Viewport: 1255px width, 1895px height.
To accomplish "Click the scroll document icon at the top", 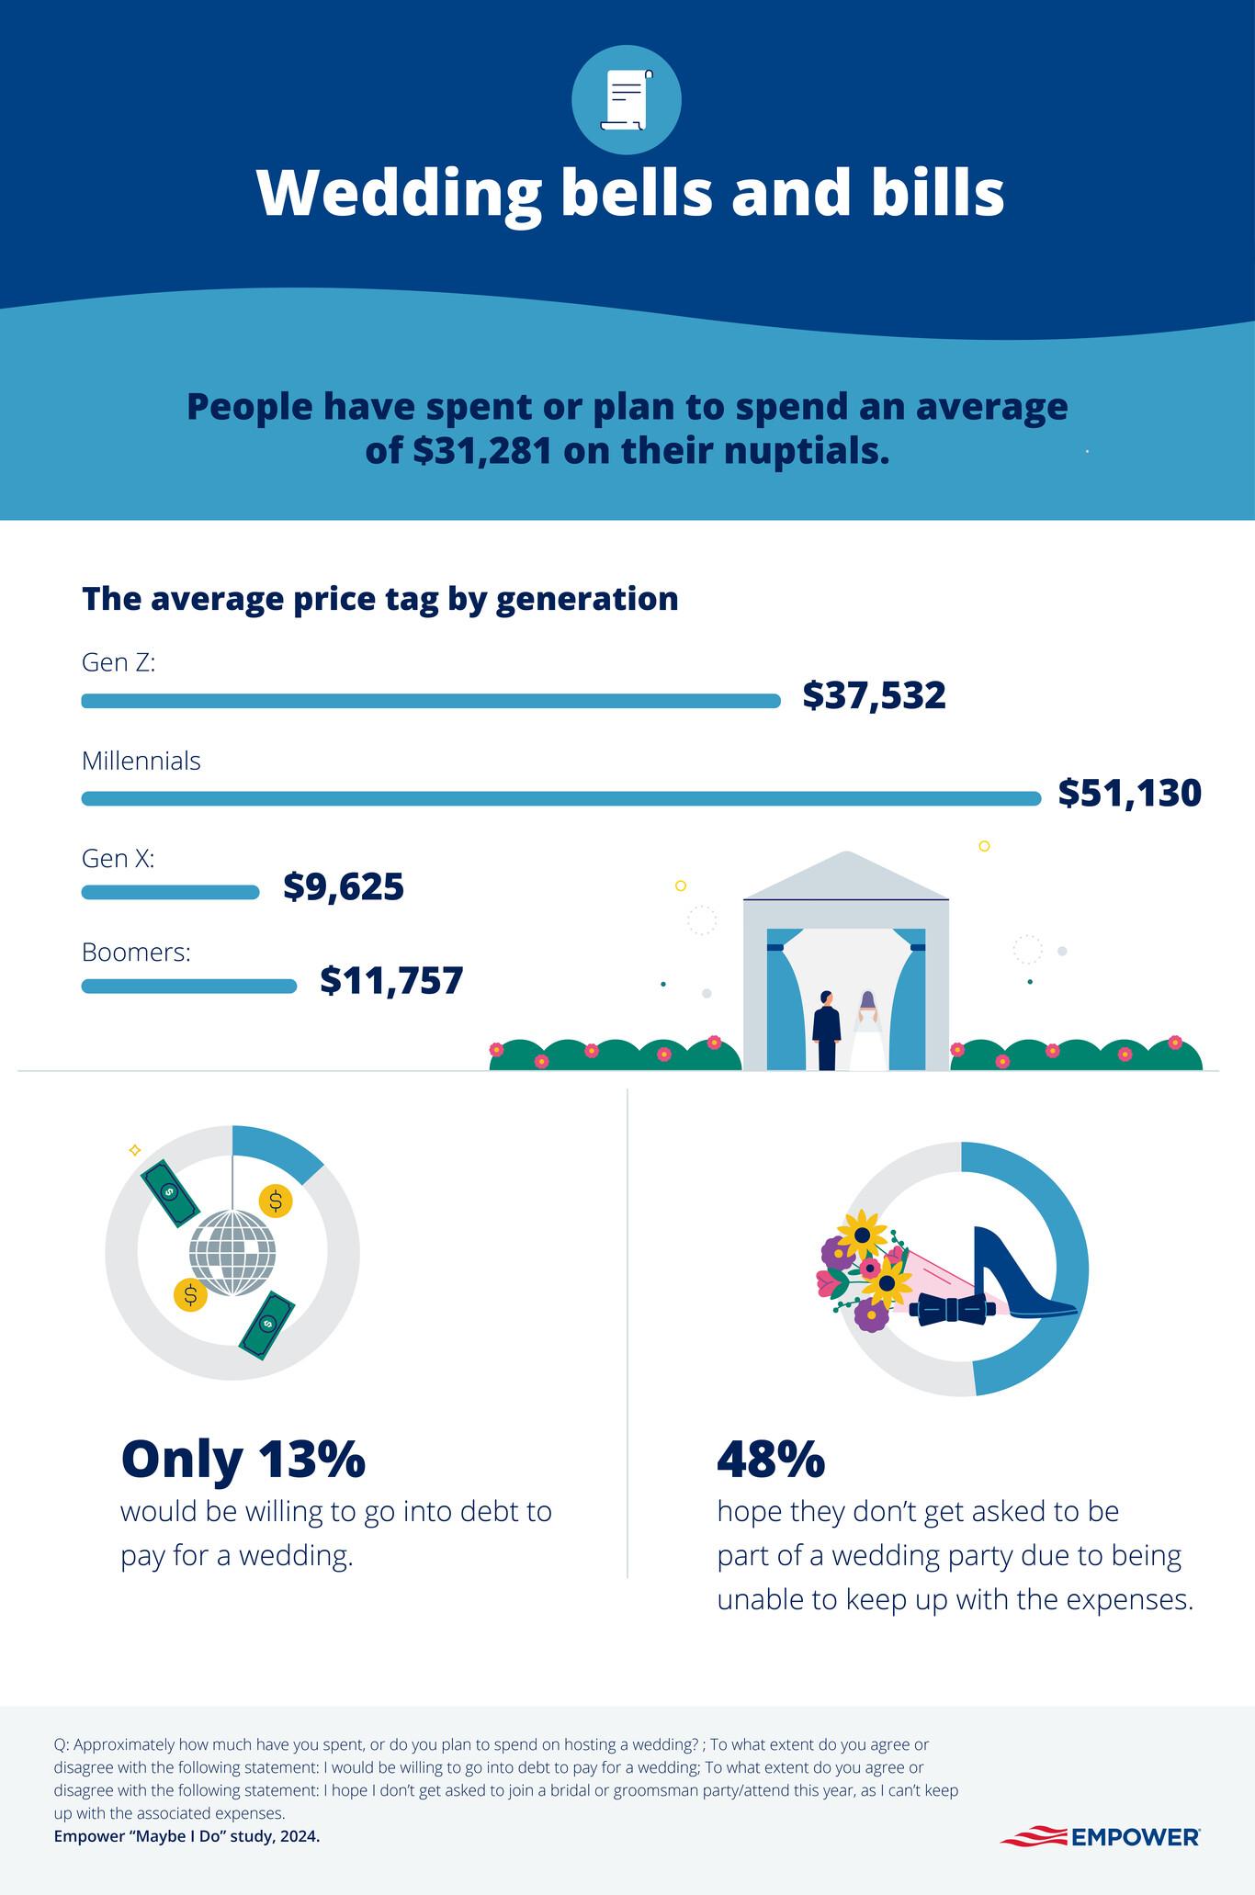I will pyautogui.click(x=626, y=99).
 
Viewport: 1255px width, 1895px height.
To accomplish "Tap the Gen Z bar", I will pyautogui.click(x=430, y=701).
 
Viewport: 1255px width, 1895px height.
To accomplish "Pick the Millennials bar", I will pyautogui.click(x=560, y=798).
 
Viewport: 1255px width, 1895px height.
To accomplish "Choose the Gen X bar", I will pyautogui.click(x=171, y=892).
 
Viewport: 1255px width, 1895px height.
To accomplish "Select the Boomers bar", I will pyautogui.click(x=189, y=987).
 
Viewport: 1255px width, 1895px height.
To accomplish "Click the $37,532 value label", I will pyautogui.click(x=874, y=696).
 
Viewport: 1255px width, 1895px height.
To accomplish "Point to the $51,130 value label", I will pyautogui.click(x=1129, y=794).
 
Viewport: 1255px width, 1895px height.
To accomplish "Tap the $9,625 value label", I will pyautogui.click(x=344, y=887).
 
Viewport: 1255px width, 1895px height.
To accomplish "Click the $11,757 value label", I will pyautogui.click(x=391, y=982).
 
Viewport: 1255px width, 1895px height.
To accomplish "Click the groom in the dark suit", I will pyautogui.click(x=827, y=1031).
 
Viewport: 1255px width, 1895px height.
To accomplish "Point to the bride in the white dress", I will pyautogui.click(x=865, y=1031).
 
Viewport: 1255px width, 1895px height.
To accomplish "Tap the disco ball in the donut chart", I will pyautogui.click(x=232, y=1253).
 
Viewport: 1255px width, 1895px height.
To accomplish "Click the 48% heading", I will pyautogui.click(x=770, y=1460).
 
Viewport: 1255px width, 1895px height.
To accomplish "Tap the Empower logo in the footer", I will pyautogui.click(x=1099, y=1836).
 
